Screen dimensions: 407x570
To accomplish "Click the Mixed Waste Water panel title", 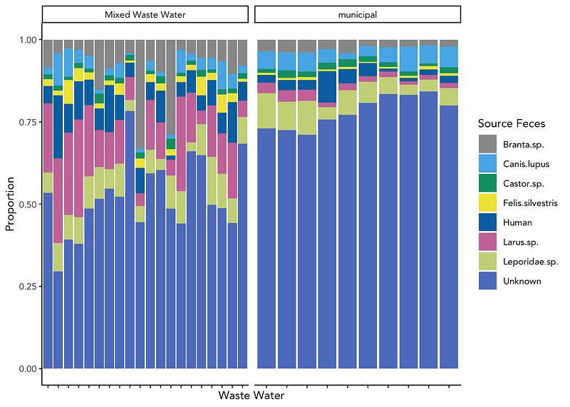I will tap(145, 14).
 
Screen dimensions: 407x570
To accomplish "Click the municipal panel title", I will tap(358, 14).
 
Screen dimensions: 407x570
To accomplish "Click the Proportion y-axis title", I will tap(10, 205).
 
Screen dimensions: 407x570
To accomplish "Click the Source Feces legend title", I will tap(512, 124).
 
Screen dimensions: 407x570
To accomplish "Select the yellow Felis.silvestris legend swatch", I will tap(487, 203).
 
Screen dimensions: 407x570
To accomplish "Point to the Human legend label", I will tap(517, 222).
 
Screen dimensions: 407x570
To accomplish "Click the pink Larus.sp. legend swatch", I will tap(487, 242).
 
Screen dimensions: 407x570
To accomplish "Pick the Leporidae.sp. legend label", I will tap(530, 262).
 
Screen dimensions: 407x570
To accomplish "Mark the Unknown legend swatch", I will tap(487, 281).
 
